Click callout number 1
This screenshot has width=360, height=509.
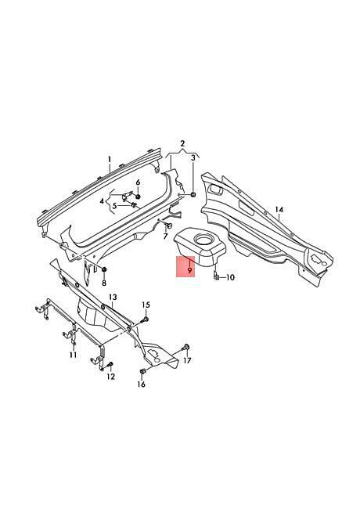point(110,160)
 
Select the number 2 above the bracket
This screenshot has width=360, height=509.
point(182,143)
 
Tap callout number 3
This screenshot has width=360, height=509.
point(193,157)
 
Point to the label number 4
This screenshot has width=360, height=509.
point(103,201)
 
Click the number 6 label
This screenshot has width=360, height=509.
point(138,182)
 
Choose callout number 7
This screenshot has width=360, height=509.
point(165,236)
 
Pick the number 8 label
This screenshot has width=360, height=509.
point(104,283)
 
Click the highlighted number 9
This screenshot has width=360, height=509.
point(189,269)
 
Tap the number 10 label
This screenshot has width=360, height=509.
point(230,277)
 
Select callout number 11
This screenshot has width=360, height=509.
point(74,355)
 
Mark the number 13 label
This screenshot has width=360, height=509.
point(113,297)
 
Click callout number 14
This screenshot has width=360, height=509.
point(279,210)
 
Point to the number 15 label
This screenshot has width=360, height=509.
point(146,305)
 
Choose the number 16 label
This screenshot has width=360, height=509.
point(142,384)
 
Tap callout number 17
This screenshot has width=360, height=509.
point(188,360)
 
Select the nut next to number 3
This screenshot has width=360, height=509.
point(193,195)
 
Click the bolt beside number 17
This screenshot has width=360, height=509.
point(185,348)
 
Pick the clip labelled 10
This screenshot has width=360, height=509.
point(216,276)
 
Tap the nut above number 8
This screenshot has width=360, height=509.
point(104,270)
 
